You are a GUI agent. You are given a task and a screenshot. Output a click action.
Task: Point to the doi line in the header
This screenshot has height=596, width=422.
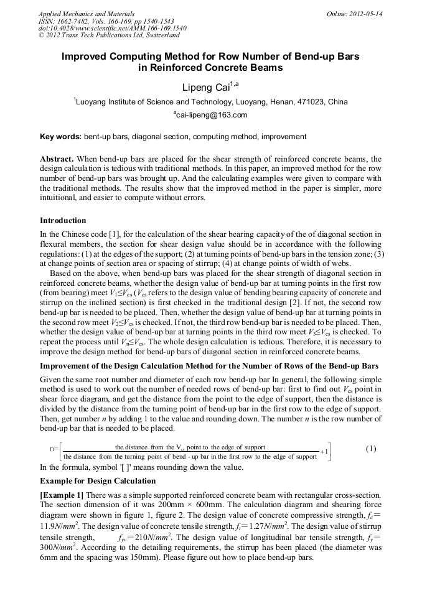click(x=112, y=29)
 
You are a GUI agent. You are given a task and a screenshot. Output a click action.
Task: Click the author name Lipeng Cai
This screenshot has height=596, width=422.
click(x=205, y=86)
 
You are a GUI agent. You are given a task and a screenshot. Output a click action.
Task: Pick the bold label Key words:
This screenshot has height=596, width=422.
click(x=60, y=136)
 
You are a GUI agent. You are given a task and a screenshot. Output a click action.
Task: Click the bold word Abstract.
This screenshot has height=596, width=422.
click(x=57, y=159)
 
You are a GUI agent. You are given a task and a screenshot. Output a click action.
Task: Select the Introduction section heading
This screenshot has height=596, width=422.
click(x=63, y=221)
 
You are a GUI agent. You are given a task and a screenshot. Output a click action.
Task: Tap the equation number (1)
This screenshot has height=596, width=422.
click(x=371, y=449)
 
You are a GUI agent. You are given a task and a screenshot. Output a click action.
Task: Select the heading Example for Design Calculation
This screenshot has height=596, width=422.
click(x=98, y=481)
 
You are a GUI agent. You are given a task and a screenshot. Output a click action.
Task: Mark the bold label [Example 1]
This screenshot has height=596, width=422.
click(x=62, y=495)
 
